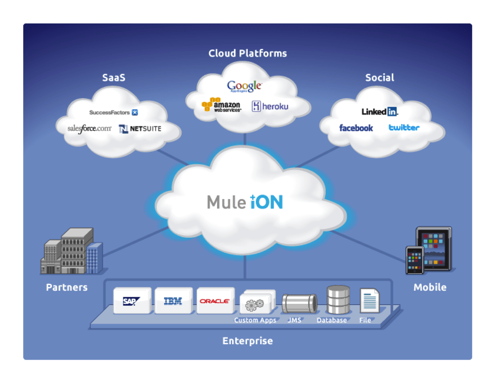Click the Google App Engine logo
click(x=244, y=86)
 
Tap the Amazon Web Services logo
click(x=221, y=105)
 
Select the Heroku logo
click(x=270, y=106)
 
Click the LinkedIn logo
click(x=379, y=112)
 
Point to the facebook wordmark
click(x=356, y=128)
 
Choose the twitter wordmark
click(x=404, y=128)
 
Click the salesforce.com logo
click(x=89, y=128)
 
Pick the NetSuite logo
click(x=140, y=129)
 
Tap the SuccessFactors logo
click(x=113, y=112)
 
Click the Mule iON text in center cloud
click(x=245, y=202)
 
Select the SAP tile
click(x=132, y=301)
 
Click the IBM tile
click(x=173, y=301)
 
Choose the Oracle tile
click(x=215, y=301)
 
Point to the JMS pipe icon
click(x=299, y=304)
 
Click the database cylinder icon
click(x=338, y=299)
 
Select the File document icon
click(x=369, y=301)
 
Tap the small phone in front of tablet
click(x=415, y=260)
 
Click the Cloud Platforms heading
click(x=247, y=53)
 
